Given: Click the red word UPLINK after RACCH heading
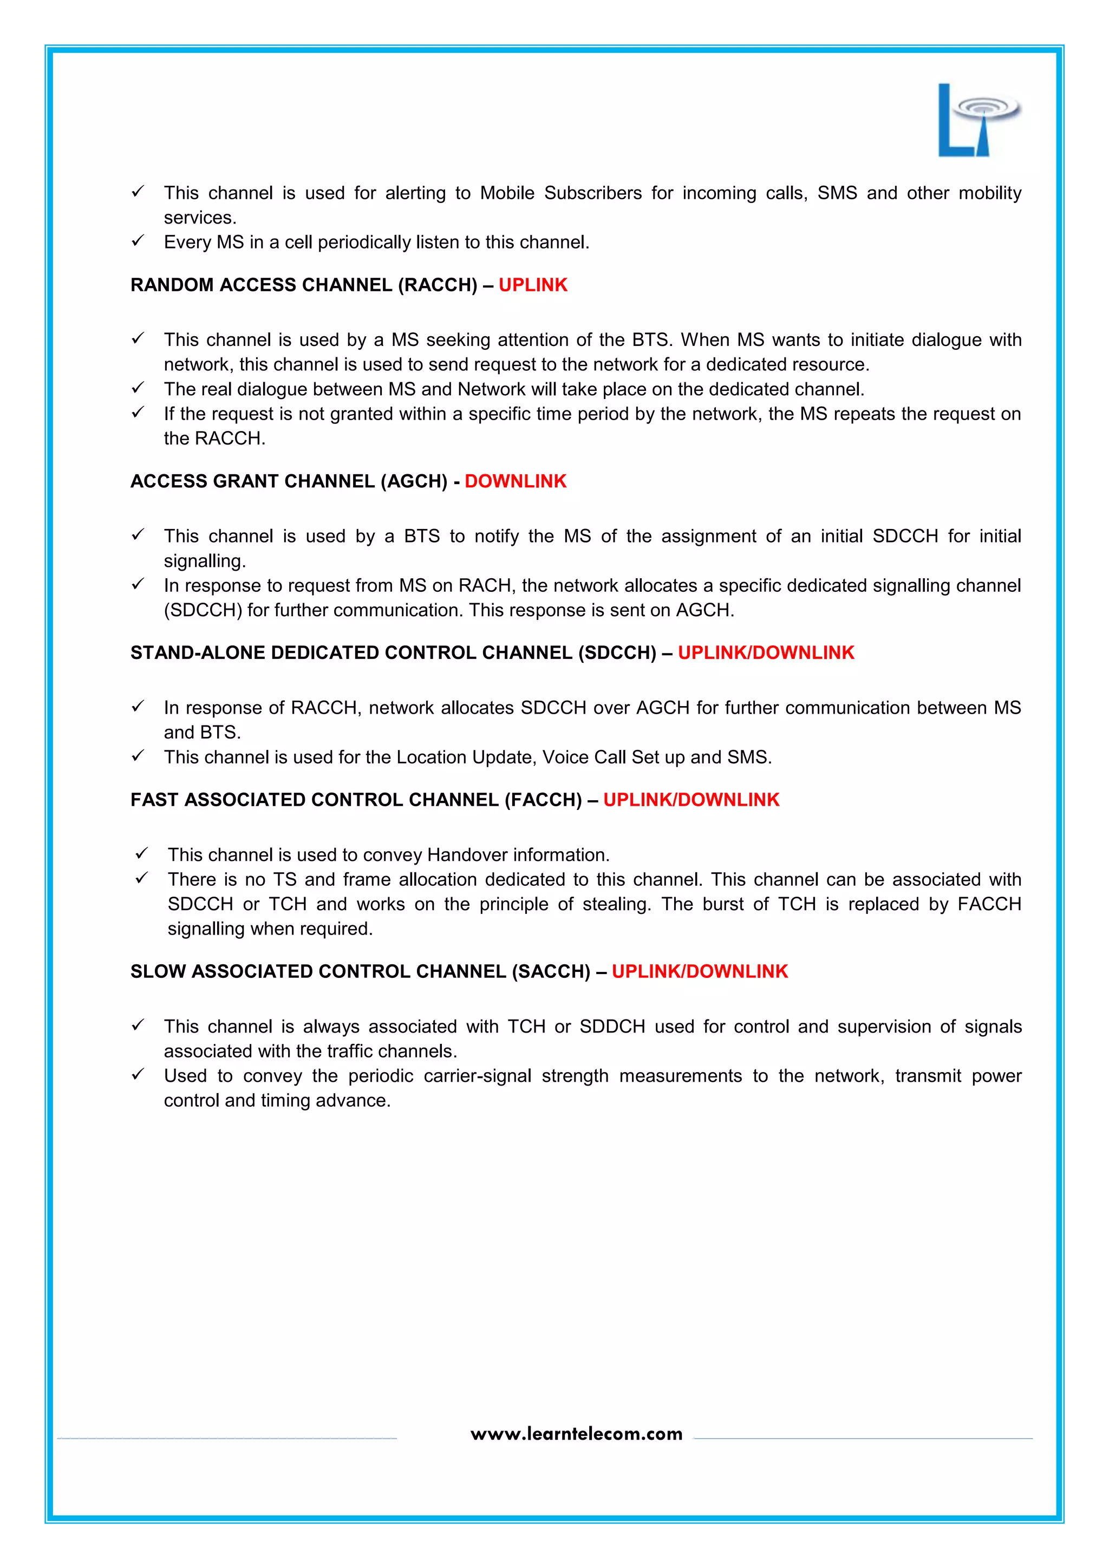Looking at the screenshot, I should point(533,285).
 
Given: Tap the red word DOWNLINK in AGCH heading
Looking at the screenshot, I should point(516,481).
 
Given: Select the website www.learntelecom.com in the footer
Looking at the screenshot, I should point(576,1434).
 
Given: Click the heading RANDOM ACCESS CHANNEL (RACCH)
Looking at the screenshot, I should point(304,285).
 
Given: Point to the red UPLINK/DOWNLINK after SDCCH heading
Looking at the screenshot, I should point(766,653).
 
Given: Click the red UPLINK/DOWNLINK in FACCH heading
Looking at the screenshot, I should point(691,800).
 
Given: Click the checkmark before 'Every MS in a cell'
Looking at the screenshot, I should point(138,241).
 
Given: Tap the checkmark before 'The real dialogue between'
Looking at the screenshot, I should point(138,388).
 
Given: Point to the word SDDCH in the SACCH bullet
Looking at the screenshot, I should point(612,1027).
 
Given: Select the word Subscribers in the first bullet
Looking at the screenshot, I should point(592,193).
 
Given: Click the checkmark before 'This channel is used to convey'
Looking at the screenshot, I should point(142,854).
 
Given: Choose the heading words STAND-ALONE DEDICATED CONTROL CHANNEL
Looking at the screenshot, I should point(351,653).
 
